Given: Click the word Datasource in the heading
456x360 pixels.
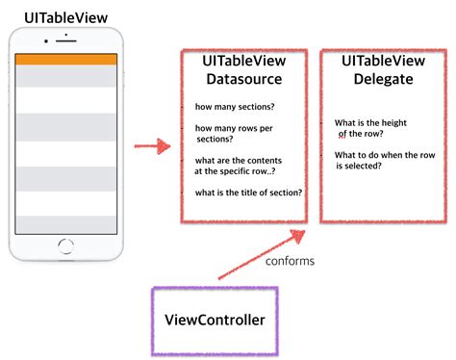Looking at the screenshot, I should click(x=243, y=79).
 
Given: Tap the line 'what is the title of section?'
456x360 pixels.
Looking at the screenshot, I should click(x=248, y=193).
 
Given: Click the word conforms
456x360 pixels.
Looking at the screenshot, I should click(x=291, y=260).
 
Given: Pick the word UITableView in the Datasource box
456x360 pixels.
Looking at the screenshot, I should click(x=243, y=61).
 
